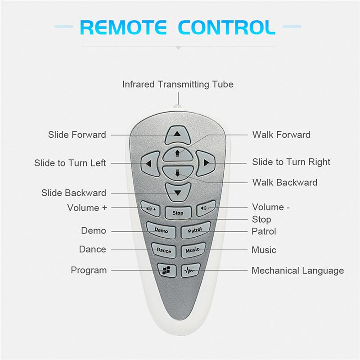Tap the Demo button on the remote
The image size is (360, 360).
(161, 230)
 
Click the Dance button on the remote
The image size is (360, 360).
(164, 250)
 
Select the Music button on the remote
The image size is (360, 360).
(193, 250)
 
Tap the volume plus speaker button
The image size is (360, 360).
(151, 208)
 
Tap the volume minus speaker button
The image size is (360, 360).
(206, 208)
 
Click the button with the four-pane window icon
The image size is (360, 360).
(166, 270)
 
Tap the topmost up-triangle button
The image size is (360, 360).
(177, 135)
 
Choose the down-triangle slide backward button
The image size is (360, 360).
(178, 192)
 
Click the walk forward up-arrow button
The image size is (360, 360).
(177, 154)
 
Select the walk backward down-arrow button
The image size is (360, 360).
(177, 173)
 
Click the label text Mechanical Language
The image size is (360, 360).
(297, 271)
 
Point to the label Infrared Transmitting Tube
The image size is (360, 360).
(178, 84)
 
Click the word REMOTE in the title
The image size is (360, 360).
(123, 27)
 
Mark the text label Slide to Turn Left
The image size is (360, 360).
(70, 163)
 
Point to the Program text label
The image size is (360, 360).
(89, 270)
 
